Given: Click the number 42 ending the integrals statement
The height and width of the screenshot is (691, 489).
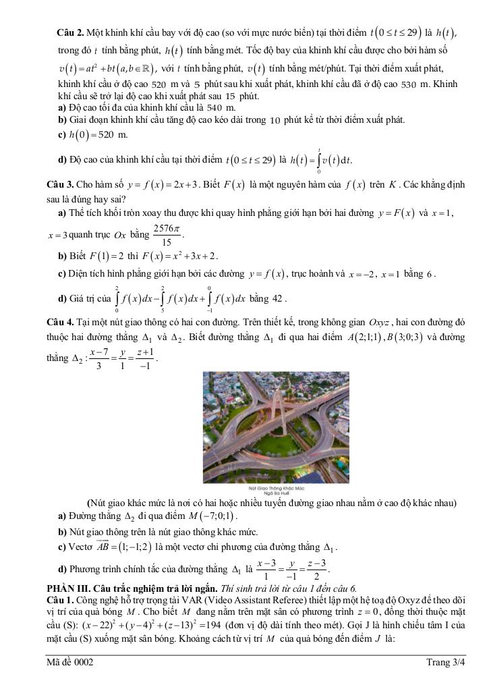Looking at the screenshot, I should (279, 299).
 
